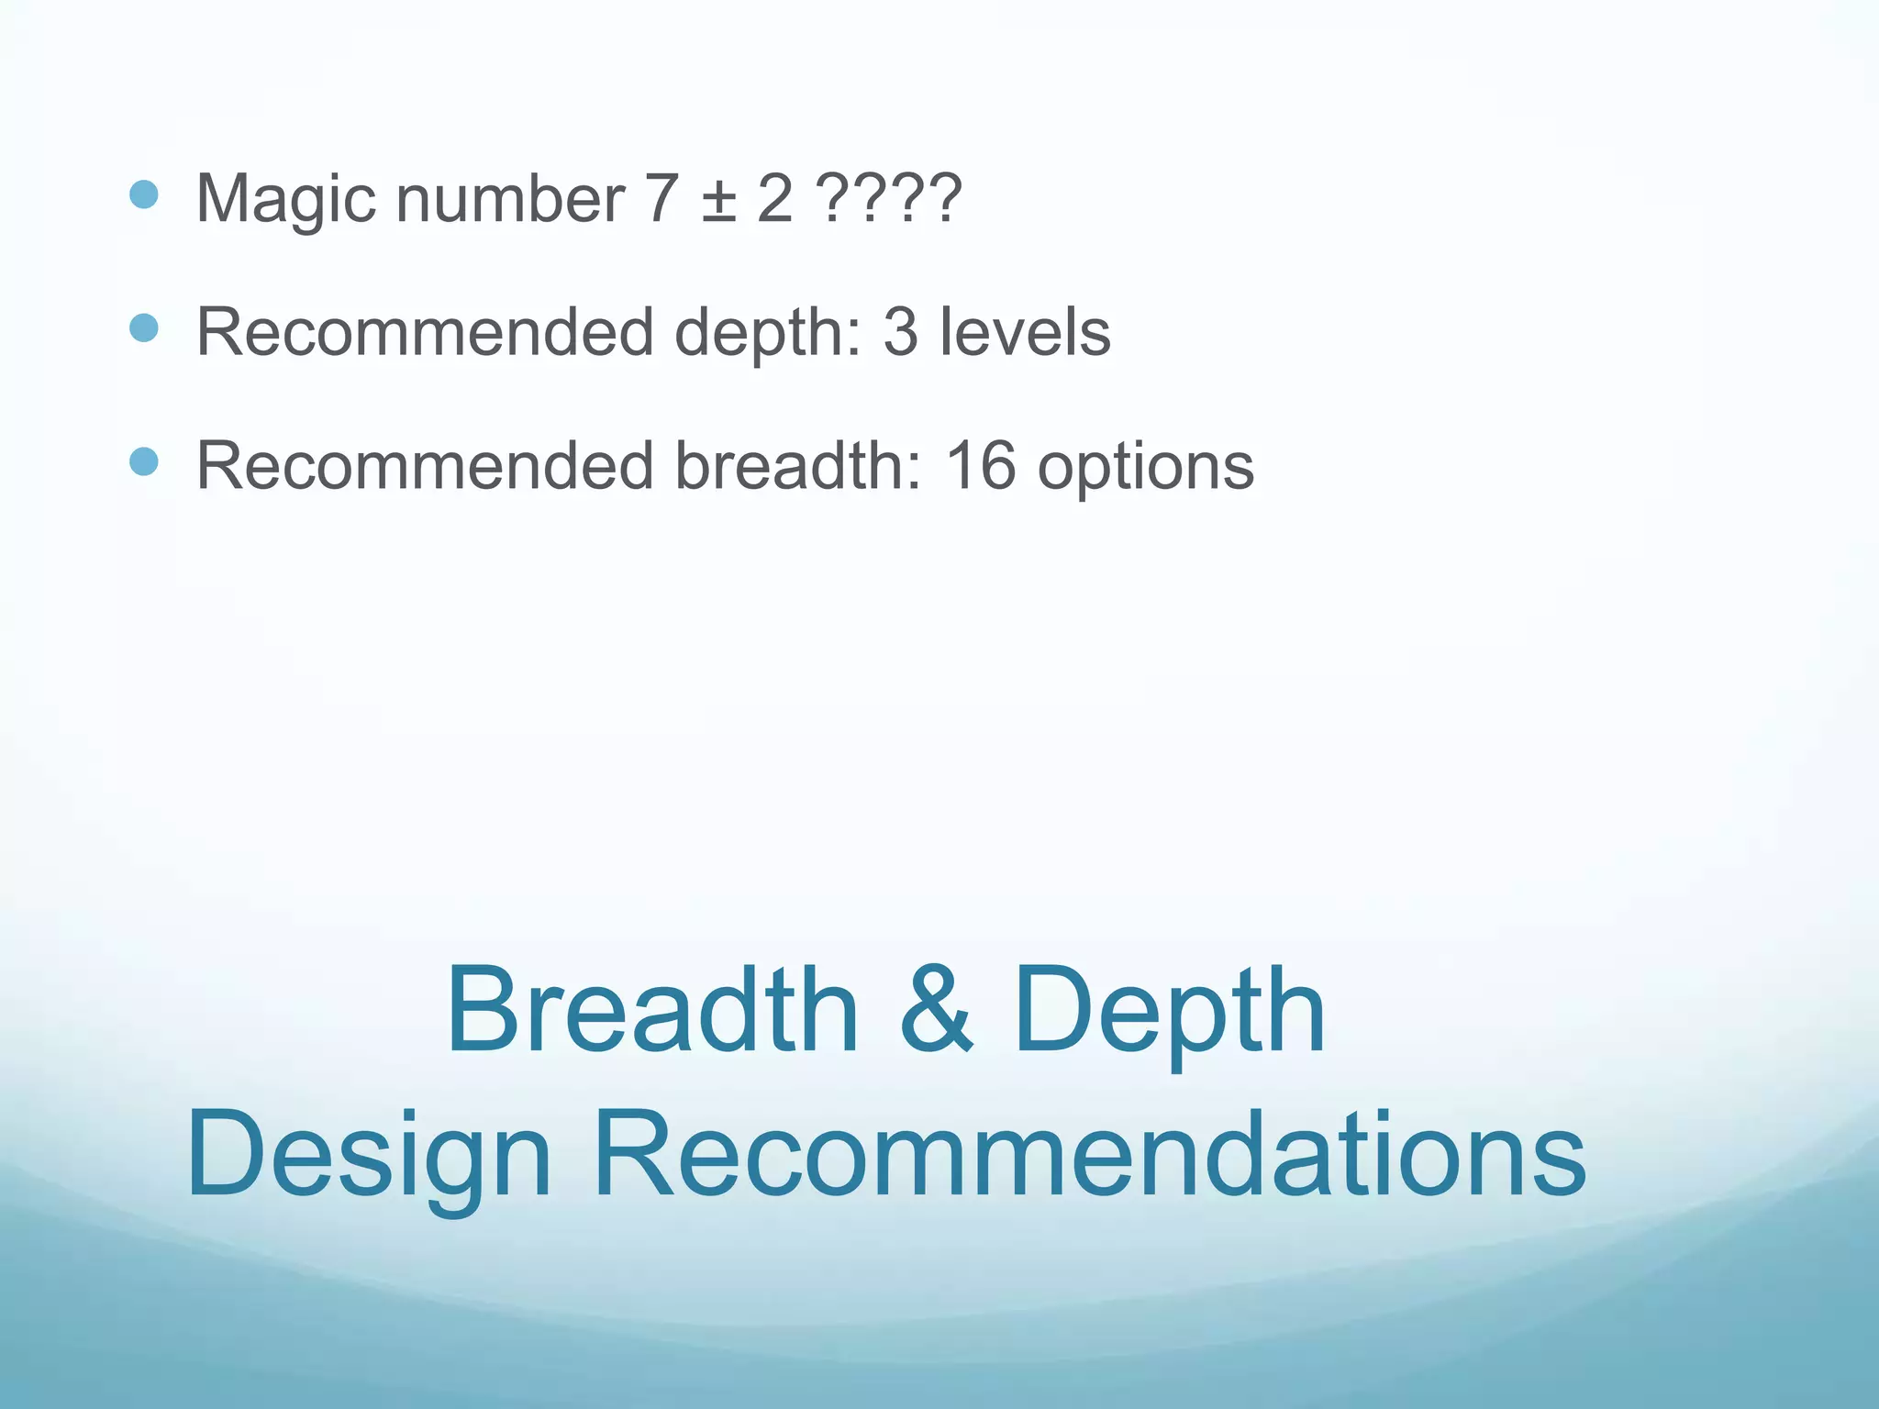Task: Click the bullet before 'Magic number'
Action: coord(144,194)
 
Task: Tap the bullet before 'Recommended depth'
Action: coord(144,327)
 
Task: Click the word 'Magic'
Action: coord(285,199)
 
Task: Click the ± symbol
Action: coord(719,200)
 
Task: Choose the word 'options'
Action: coord(1145,468)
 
